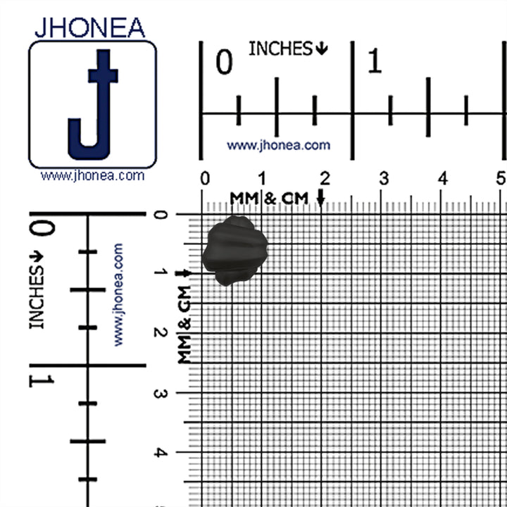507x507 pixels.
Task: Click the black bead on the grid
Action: (x=235, y=251)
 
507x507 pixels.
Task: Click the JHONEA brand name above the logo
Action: (x=90, y=27)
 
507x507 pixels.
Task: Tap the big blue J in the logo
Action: (x=93, y=104)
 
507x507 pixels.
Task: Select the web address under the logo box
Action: (x=92, y=176)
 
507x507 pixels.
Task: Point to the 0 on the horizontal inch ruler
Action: (x=224, y=62)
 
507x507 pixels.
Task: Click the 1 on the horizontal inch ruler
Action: (x=375, y=61)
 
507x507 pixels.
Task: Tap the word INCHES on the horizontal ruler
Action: (x=280, y=49)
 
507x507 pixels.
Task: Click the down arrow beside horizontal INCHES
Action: (x=321, y=49)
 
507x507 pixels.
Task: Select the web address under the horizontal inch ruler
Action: (x=278, y=145)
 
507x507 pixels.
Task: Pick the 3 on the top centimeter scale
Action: (x=384, y=178)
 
